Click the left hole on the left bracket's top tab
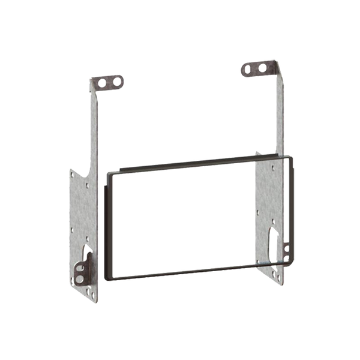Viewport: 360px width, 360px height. pyautogui.click(x=102, y=82)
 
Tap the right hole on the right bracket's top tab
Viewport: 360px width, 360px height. pyautogui.click(x=262, y=67)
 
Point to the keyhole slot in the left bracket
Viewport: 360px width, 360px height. pyautogui.click(x=88, y=246)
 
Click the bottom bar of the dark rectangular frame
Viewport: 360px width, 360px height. pyautogui.click(x=192, y=273)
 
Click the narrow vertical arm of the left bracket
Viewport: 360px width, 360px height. pyautogui.click(x=92, y=132)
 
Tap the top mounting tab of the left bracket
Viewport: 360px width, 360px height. pyautogui.click(x=108, y=82)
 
